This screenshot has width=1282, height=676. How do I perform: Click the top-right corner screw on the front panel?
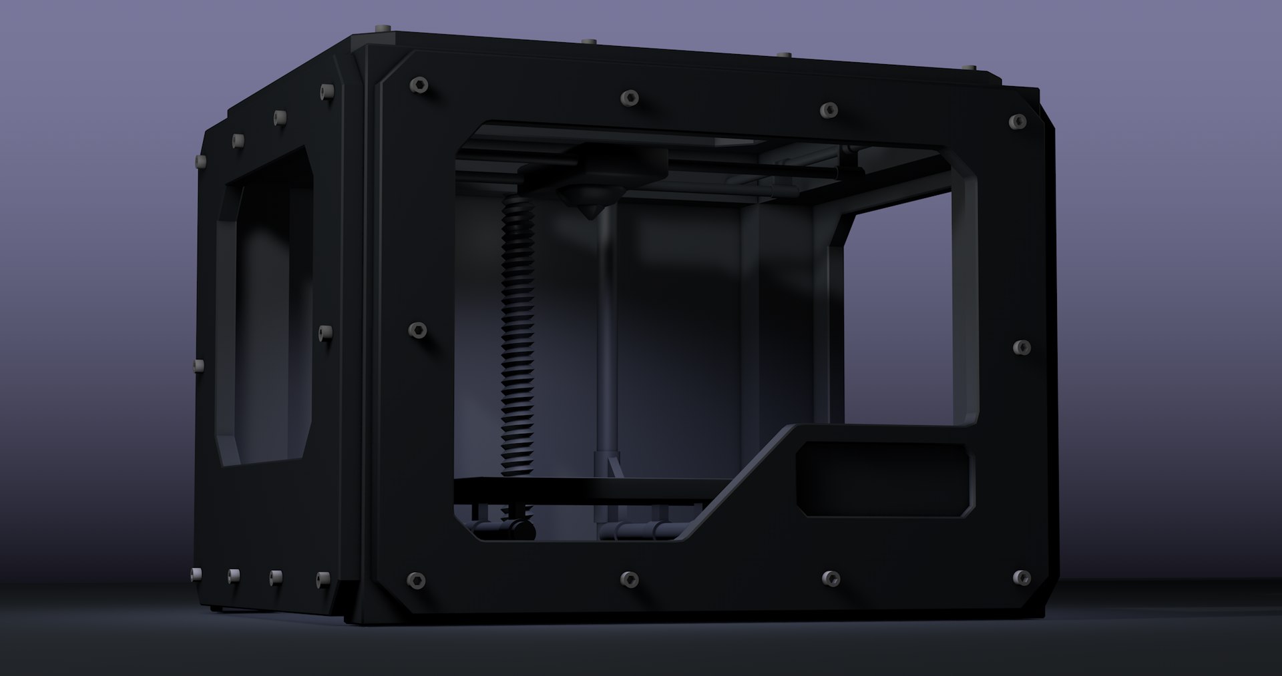[1019, 121]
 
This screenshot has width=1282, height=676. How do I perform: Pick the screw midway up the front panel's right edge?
[1022, 347]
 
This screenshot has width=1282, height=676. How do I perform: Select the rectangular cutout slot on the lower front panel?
[885, 478]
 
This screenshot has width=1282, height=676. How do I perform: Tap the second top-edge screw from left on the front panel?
[630, 98]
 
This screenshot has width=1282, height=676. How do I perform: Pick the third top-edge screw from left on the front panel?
[829, 109]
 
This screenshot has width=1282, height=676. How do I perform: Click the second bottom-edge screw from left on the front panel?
[630, 578]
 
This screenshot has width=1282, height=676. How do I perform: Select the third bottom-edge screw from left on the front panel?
[829, 578]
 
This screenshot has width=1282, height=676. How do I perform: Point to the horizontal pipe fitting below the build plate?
[641, 531]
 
